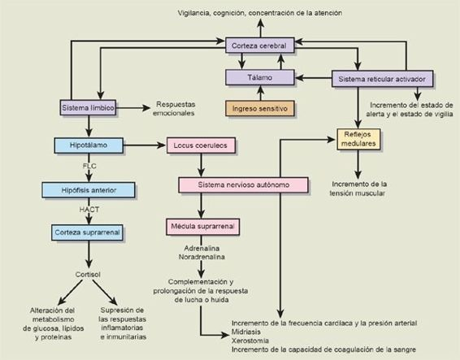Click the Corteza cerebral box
(258, 48)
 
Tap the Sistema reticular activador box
(380, 79)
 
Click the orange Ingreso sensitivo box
(260, 107)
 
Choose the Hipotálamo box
(89, 146)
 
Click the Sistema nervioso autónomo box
(243, 185)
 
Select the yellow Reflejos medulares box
(358, 139)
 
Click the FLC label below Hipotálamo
(89, 167)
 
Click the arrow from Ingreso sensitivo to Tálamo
(260, 93)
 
